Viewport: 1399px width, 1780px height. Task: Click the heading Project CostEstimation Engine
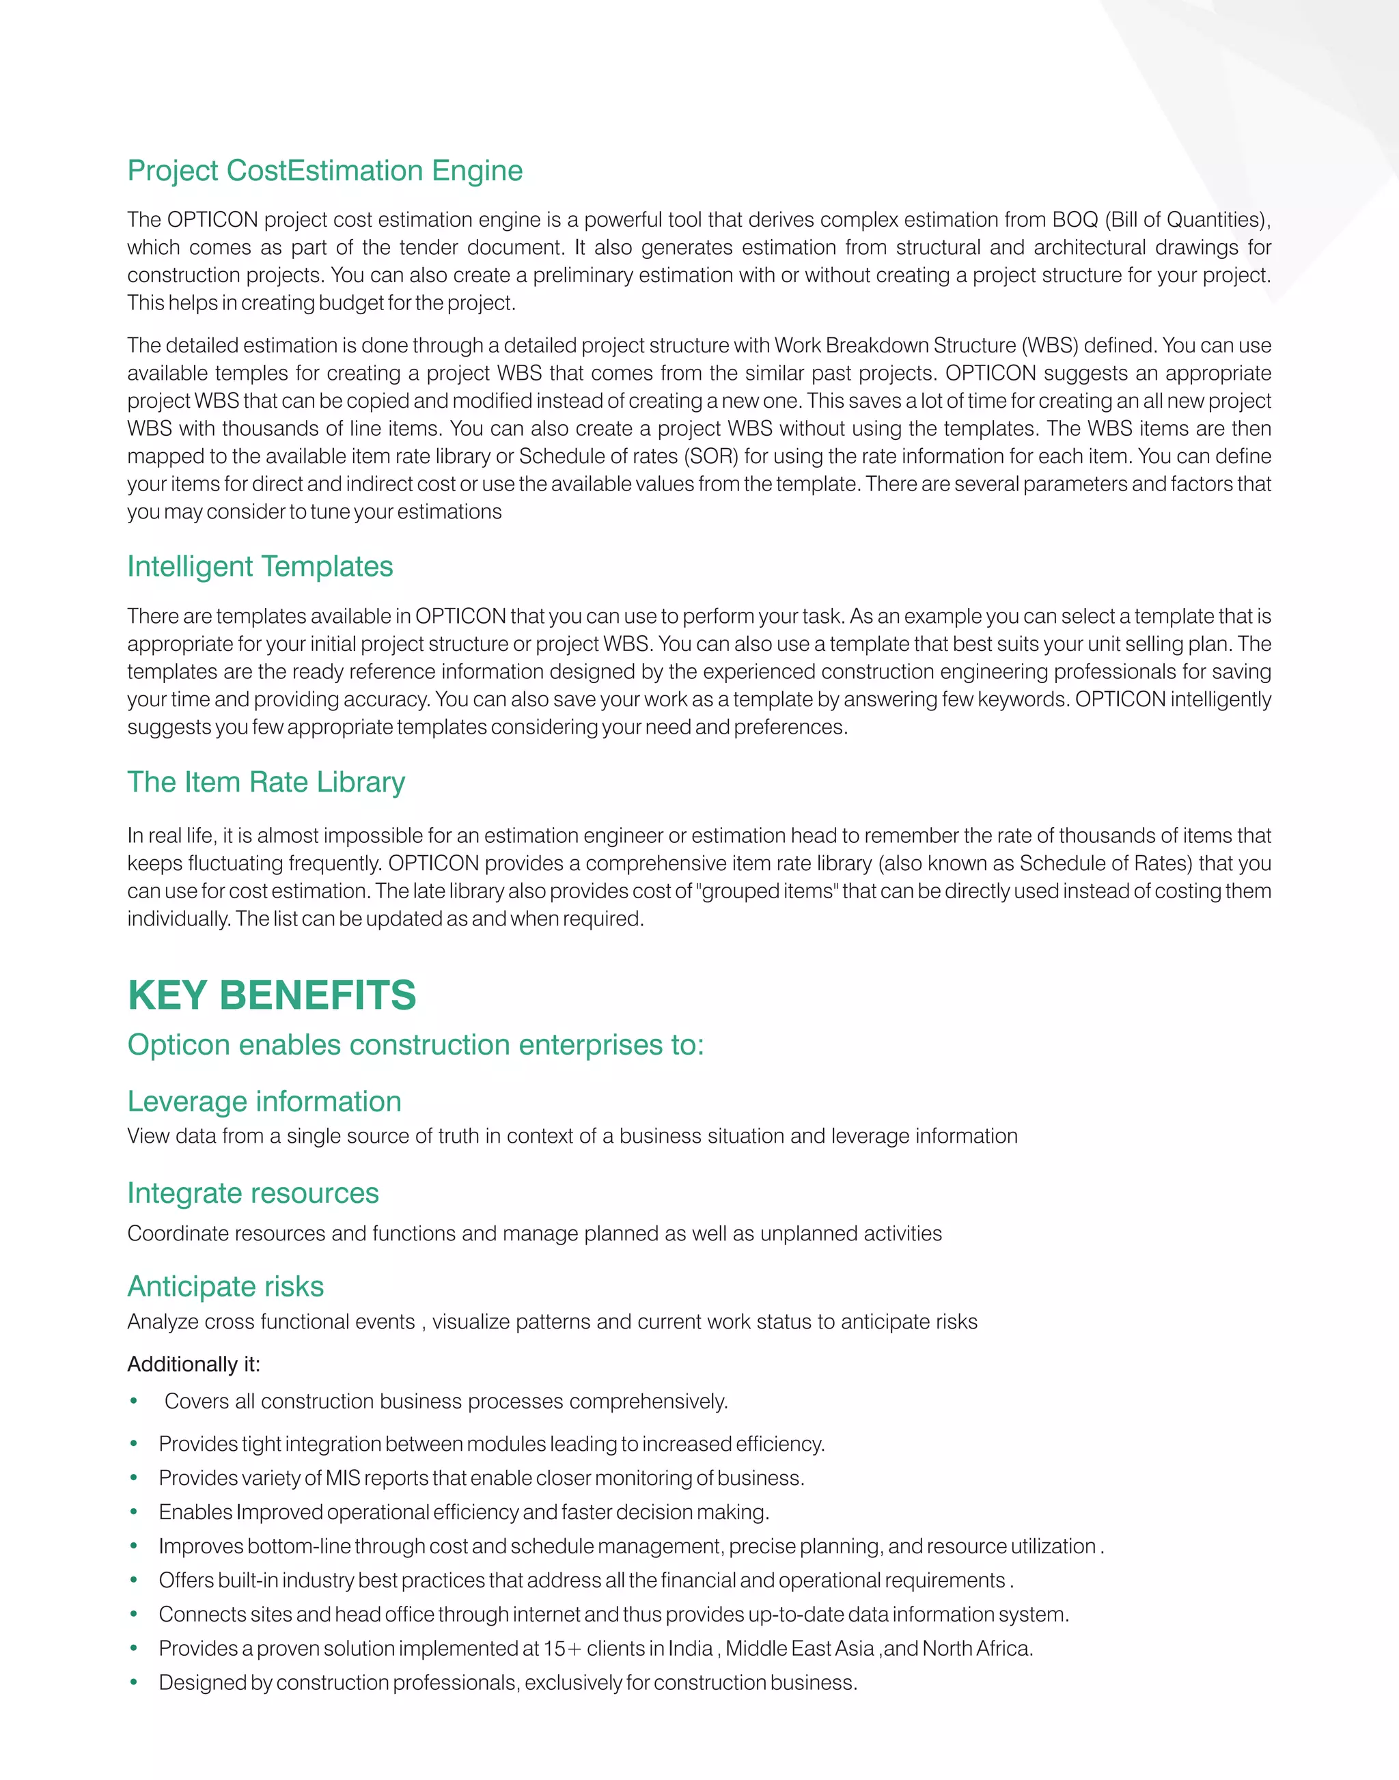pyautogui.click(x=324, y=170)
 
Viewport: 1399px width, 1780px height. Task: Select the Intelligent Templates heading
pyautogui.click(x=260, y=567)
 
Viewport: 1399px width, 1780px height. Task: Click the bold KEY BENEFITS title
pyautogui.click(x=271, y=995)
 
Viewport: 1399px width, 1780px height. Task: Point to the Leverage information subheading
pyautogui.click(x=264, y=1102)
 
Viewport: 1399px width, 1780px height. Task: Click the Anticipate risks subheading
pyautogui.click(x=225, y=1287)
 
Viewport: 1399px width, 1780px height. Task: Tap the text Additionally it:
pyautogui.click(x=193, y=1365)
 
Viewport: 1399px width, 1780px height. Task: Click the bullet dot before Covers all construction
pyautogui.click(x=133, y=1402)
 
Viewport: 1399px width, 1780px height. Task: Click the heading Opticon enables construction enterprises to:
pyautogui.click(x=415, y=1045)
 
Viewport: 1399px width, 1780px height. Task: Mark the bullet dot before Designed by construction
pyautogui.click(x=133, y=1683)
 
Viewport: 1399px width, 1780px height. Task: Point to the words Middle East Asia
pyautogui.click(x=799, y=1649)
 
